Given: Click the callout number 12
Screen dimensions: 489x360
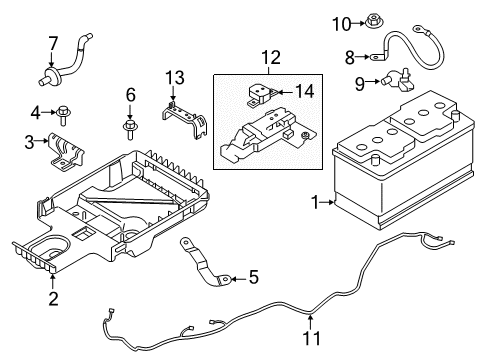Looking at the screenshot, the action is [x=271, y=57].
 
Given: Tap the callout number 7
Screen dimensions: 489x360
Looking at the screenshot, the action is [x=53, y=44].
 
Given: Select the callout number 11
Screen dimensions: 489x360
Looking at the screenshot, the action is [x=312, y=338].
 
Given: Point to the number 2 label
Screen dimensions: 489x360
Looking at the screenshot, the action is [x=53, y=299].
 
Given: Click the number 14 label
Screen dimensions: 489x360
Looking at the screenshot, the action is [x=305, y=91].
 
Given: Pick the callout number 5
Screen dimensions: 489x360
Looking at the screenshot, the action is [x=254, y=277].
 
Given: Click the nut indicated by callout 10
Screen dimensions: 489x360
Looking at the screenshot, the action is [x=375, y=22].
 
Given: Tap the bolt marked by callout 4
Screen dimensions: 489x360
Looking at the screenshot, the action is [x=63, y=115].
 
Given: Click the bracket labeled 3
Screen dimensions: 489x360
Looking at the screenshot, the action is [x=65, y=152].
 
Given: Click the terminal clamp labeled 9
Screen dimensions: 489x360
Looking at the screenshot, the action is [x=399, y=81].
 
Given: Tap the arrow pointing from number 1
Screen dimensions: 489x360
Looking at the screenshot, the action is [x=327, y=202].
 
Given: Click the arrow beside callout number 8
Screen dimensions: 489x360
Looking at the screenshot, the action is [x=363, y=57].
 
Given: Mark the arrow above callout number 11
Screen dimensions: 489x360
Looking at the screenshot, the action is [x=310, y=321].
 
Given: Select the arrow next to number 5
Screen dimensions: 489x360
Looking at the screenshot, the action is [x=238, y=278].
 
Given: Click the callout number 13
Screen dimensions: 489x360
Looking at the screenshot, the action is [x=175, y=78].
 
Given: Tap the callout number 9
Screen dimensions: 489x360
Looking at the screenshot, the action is [x=360, y=83].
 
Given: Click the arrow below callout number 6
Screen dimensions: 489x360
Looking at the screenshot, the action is [x=130, y=111].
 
